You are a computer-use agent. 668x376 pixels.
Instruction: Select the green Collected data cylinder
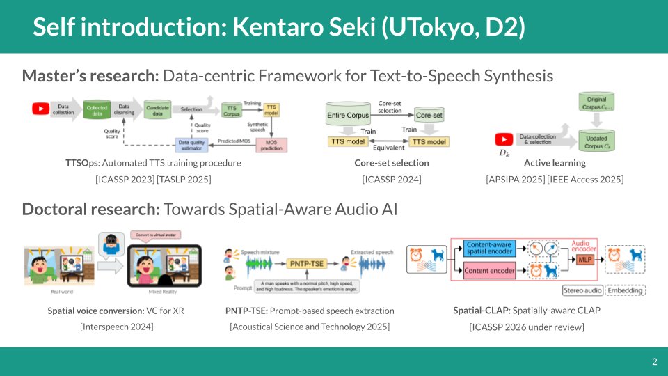[x=96, y=110]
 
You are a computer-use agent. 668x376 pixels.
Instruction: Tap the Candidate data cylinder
[x=157, y=110]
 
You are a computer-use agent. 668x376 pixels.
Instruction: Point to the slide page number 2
[x=654, y=361]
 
